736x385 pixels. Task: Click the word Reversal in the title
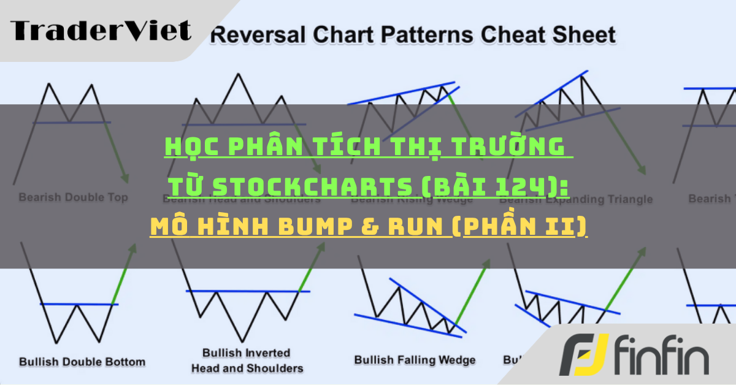tap(251, 35)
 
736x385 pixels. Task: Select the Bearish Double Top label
tap(73, 197)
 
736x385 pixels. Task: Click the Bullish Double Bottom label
tap(82, 361)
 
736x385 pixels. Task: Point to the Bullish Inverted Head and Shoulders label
tap(247, 360)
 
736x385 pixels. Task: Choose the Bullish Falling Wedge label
tap(415, 360)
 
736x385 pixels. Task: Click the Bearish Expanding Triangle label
tap(588, 199)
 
